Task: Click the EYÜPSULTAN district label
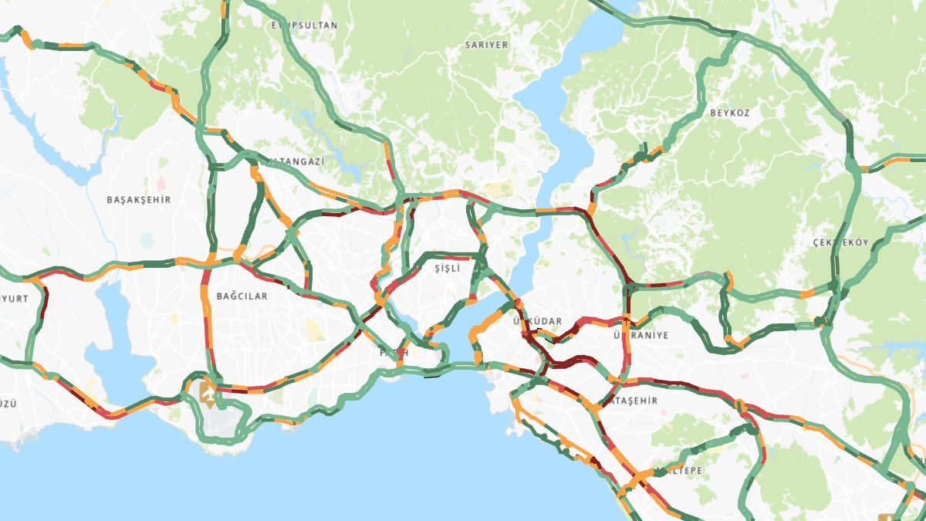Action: pos(304,25)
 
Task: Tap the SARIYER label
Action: pos(486,45)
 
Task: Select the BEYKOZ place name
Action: pos(729,113)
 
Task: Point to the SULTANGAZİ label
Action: pos(293,161)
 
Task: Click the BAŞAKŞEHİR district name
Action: pos(138,199)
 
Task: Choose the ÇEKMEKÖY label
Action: pos(840,242)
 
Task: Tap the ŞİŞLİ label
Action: pos(447,268)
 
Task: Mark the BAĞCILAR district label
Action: pos(242,296)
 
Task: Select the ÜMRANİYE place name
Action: pos(640,336)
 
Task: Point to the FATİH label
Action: pos(394,353)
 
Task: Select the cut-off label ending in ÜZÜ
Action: pos(8,404)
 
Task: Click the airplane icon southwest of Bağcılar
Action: pos(207,392)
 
